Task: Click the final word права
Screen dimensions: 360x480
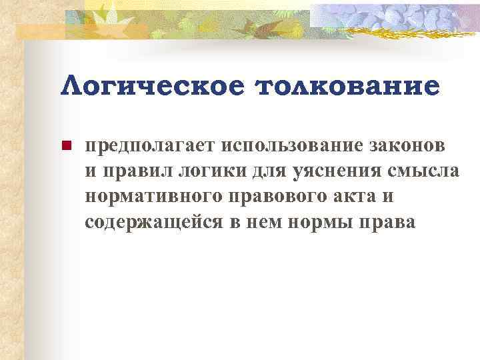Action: (x=386, y=221)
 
